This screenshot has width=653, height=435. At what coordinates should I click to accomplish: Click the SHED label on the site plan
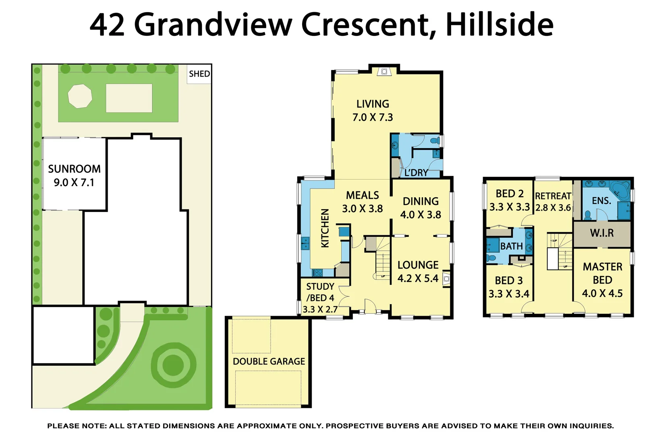pos(199,74)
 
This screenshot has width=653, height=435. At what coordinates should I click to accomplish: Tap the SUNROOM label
pos(74,169)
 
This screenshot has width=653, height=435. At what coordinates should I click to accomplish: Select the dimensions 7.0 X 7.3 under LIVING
pos(373,117)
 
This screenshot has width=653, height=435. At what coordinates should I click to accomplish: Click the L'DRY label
pos(416,173)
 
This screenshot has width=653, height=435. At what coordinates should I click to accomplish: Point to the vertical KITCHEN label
pos(325,228)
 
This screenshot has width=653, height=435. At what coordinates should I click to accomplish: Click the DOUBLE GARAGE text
pos(269,361)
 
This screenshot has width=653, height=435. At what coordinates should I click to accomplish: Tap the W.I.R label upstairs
pos(602,233)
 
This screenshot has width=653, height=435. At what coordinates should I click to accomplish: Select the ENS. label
pos(601,201)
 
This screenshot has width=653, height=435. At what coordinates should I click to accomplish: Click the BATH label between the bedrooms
pos(511,246)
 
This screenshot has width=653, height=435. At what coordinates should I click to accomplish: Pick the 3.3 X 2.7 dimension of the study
pos(320,309)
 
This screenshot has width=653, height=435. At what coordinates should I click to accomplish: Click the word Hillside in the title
pos(500,25)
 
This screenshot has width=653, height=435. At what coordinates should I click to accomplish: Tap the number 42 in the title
pos(107,25)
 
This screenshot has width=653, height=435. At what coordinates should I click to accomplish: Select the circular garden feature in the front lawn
pos(173,365)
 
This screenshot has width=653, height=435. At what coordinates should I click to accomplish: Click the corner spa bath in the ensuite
pos(620,190)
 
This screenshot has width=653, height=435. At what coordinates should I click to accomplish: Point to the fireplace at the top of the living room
pos(384,72)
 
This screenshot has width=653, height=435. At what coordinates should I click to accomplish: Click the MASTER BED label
pos(602,273)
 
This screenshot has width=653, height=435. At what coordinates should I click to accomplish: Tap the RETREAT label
pos(553,196)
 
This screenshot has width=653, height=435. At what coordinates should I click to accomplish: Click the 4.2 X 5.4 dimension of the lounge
pos(418,278)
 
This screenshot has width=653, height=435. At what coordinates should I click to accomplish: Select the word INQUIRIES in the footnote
pos(590,426)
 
